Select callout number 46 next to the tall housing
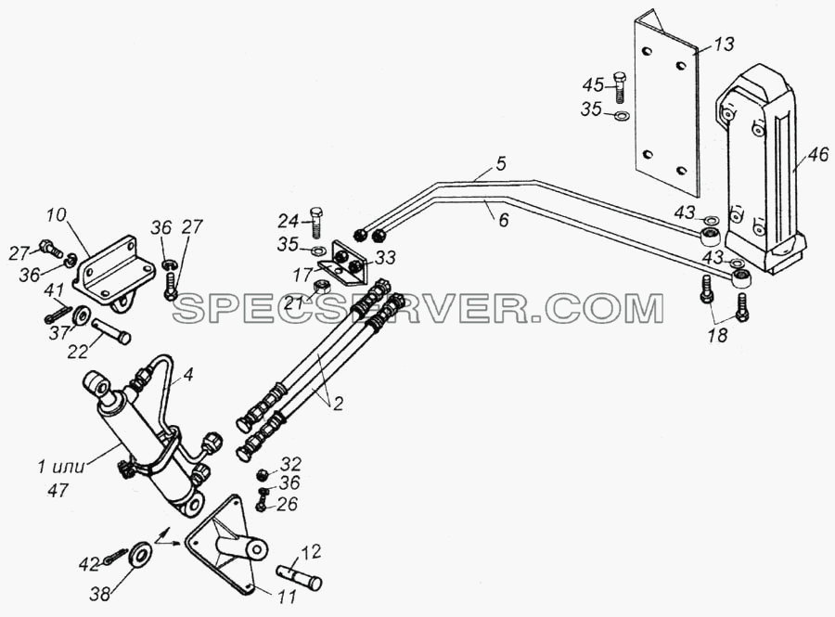817,154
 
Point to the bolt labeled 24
316,222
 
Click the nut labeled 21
323,288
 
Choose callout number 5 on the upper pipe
501,163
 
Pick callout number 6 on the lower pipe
503,219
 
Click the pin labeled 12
300,578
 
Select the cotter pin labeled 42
116,556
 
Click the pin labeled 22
111,330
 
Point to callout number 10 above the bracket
56,215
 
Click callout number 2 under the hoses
337,403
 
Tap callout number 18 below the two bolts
718,335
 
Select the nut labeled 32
262,474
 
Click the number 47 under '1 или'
58,490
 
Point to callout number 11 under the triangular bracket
287,597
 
